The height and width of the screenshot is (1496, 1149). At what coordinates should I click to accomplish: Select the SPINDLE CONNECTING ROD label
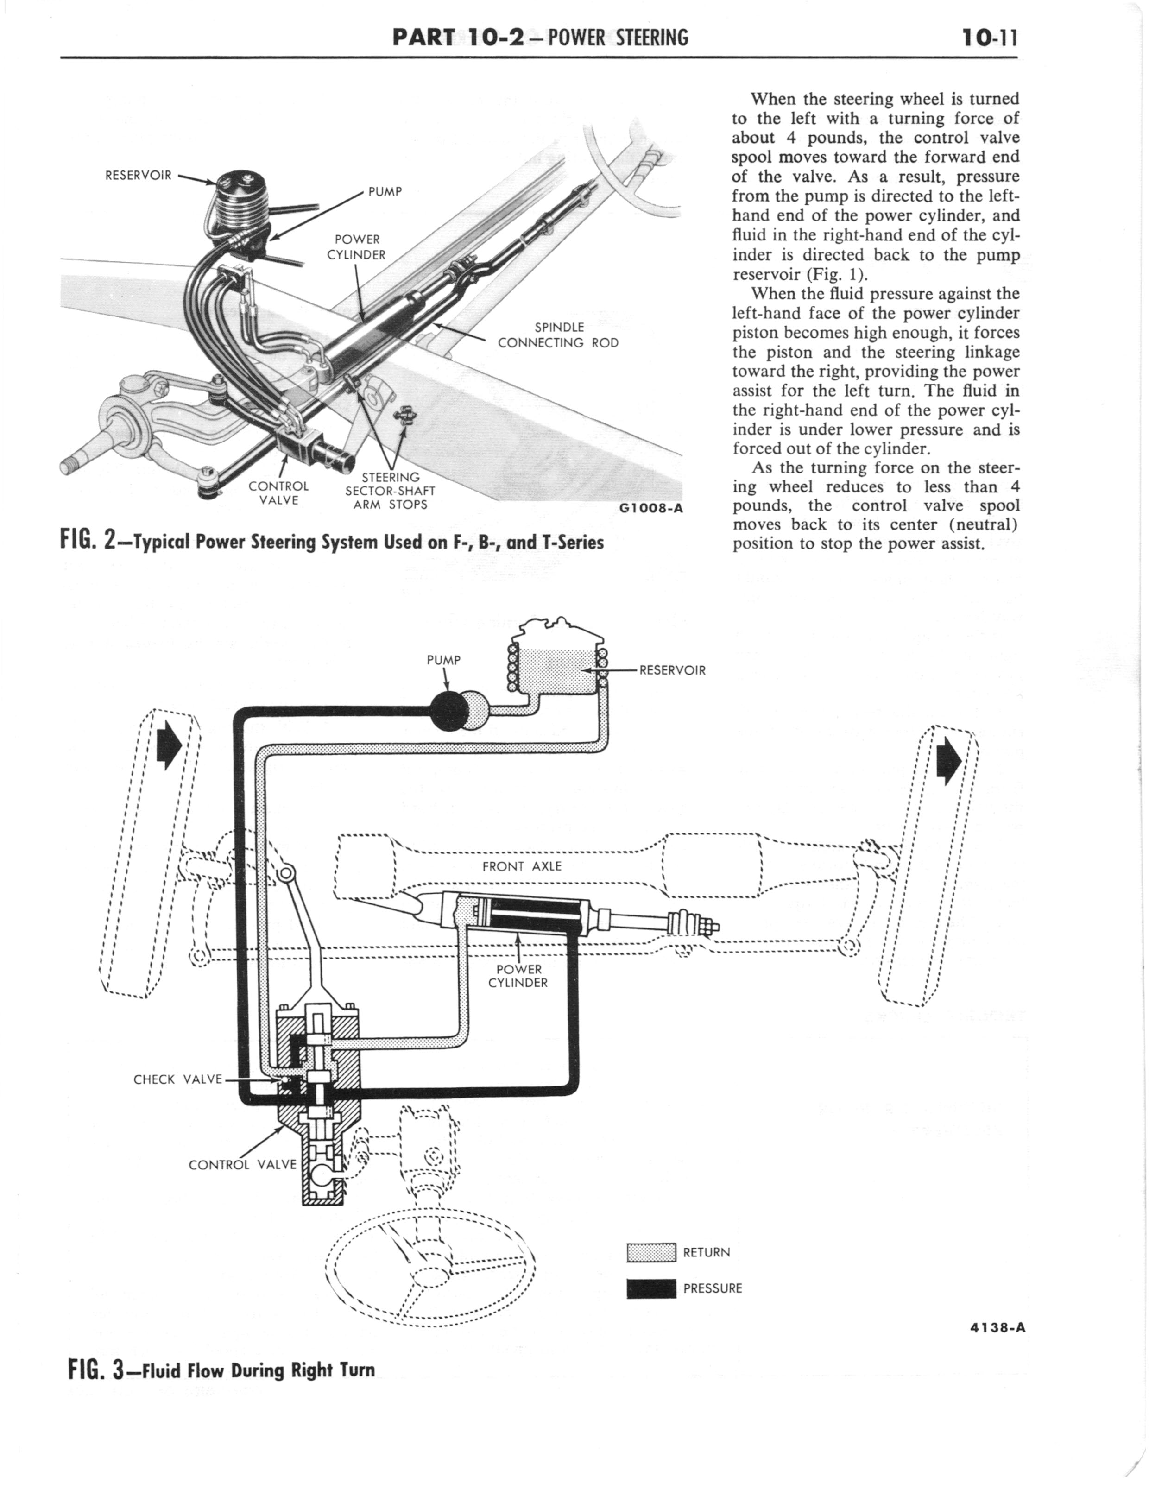558,335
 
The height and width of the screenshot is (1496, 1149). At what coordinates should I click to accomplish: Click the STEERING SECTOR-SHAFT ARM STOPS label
390,491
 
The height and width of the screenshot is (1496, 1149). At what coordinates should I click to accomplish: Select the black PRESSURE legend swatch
651,1288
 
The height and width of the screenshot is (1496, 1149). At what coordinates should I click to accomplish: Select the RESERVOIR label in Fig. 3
672,670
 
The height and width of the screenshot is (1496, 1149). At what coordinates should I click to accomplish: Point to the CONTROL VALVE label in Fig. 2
278,493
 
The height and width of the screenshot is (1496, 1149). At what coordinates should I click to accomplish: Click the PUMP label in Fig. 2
385,191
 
